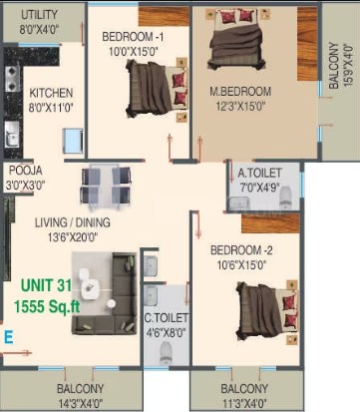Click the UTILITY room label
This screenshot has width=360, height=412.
coord(39,15)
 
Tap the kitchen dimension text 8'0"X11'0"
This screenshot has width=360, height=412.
coord(51,108)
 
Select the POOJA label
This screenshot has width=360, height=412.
coord(26,171)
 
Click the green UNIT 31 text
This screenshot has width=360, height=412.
coord(46,285)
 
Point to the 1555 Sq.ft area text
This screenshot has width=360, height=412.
coord(47,306)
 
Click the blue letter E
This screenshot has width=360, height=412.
coord(8,337)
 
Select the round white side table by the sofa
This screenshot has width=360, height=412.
coord(111,303)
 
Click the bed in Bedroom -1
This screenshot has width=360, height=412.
coord(157,89)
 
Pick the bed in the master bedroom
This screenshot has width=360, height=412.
coord(236,38)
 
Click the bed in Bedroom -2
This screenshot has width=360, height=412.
coord(267,310)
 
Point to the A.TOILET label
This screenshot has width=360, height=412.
coord(260,173)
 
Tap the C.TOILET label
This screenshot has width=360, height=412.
coord(167,318)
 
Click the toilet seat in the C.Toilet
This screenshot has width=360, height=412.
coord(167,353)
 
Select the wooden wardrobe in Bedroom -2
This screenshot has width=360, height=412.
coord(270,223)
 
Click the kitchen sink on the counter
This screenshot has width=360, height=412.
coord(12,134)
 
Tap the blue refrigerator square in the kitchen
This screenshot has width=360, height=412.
coord(73,141)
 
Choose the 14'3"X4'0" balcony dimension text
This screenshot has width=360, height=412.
coord(81,404)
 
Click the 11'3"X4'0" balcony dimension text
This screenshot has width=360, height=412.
coord(244,404)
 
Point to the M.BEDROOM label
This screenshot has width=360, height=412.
coord(240,92)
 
